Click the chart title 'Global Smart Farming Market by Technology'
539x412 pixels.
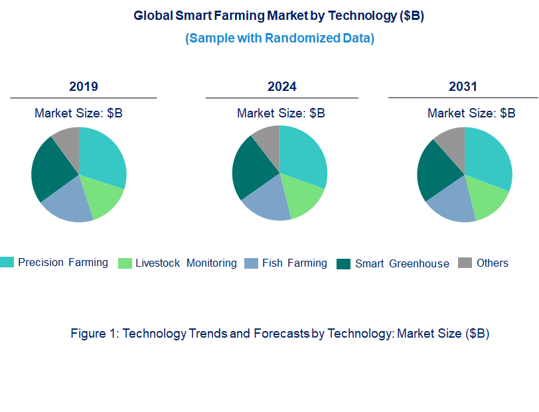(x=279, y=15)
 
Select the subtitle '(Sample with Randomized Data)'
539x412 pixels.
(x=279, y=38)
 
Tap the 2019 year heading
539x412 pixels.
(x=84, y=86)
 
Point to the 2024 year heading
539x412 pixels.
(x=281, y=86)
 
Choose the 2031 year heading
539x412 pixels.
(x=463, y=86)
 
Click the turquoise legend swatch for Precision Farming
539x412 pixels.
(x=7, y=263)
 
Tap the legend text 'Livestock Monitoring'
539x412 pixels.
(x=186, y=263)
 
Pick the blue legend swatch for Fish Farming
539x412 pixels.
(x=251, y=263)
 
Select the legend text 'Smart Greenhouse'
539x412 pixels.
(x=402, y=263)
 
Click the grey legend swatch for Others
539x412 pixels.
(x=465, y=263)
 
